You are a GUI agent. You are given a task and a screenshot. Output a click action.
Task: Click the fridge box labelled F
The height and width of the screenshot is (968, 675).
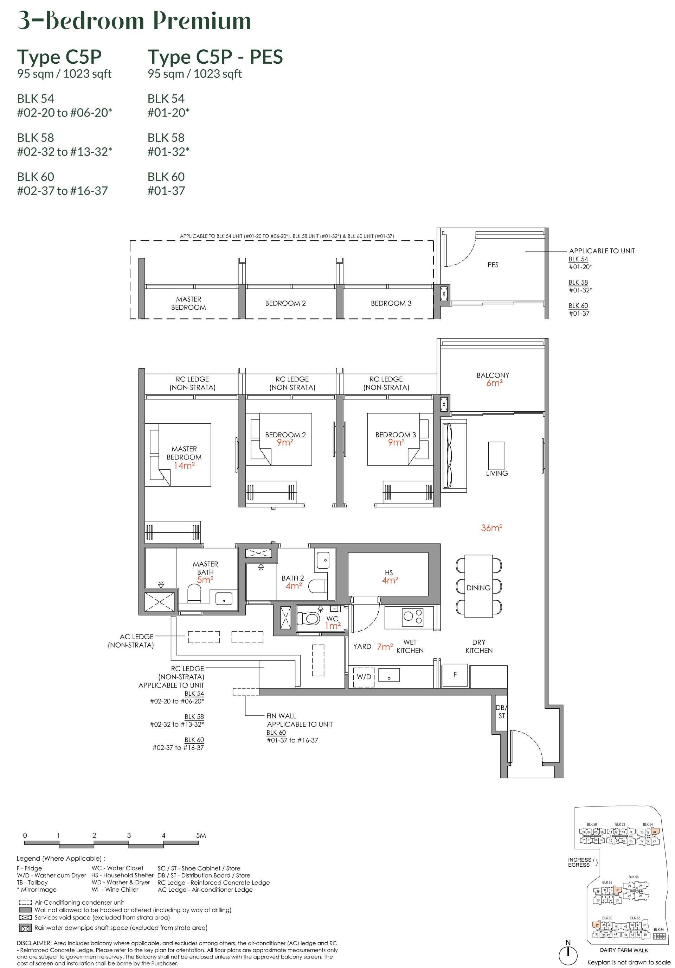tap(455, 675)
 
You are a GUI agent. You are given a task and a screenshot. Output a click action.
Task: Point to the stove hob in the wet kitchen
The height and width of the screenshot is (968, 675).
tap(412, 617)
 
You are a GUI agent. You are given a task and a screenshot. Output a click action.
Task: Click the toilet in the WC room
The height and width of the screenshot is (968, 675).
tap(310, 619)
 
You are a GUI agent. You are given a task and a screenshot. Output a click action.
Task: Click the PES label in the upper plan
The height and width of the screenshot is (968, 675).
tap(493, 265)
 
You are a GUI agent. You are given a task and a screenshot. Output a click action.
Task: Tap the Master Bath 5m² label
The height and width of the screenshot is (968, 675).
tap(205, 572)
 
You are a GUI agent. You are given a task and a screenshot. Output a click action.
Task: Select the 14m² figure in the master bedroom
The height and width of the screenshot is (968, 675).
tap(184, 466)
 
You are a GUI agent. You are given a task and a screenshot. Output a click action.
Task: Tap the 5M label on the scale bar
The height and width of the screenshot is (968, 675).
tap(201, 835)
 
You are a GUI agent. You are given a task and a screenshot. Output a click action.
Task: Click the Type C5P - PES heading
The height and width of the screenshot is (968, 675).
tap(215, 57)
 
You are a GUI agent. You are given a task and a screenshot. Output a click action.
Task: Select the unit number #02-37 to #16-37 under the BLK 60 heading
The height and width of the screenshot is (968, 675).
tap(62, 191)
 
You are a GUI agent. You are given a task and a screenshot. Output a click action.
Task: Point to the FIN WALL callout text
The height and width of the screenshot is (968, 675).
tap(281, 716)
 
